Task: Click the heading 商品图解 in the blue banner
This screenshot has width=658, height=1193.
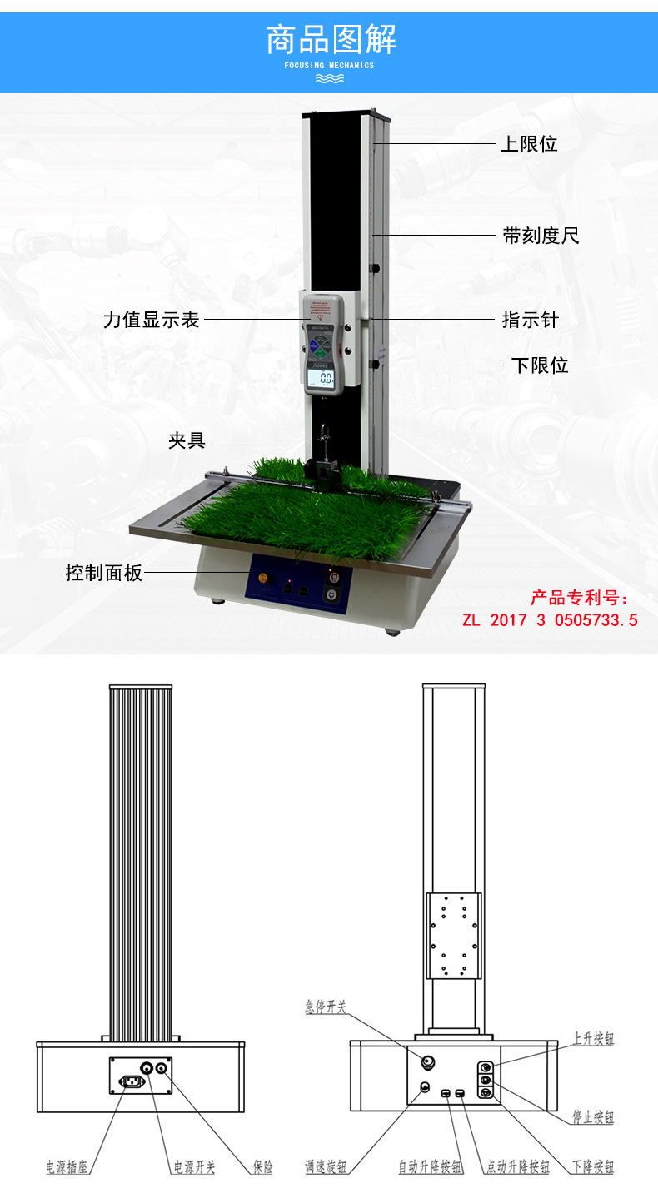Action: pos(331,39)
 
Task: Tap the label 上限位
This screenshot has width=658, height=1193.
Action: pos(528,144)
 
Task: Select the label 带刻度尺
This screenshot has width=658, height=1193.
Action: pos(541,236)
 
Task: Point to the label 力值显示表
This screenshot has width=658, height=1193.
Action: pos(152,320)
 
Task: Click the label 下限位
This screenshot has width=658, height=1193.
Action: pos(539,365)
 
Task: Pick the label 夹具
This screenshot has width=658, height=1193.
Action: pos(187,440)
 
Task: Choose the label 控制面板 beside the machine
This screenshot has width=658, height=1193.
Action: pos(104,573)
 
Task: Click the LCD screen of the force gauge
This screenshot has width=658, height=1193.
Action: pos(321,381)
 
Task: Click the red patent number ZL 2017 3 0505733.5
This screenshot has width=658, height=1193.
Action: pos(550,620)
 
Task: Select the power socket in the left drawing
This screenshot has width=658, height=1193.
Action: pos(131,1081)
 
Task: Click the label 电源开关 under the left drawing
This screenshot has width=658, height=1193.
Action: pos(194,1167)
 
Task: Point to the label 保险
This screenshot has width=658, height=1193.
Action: pos(262,1167)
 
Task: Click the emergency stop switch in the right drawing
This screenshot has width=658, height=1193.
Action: pos(429,1061)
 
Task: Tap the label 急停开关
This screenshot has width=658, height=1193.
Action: pos(325,1007)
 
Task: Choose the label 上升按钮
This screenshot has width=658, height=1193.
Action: pos(593,1039)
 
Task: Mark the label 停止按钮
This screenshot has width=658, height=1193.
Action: pos(593,1117)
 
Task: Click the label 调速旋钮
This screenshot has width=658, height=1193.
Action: pos(327,1167)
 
